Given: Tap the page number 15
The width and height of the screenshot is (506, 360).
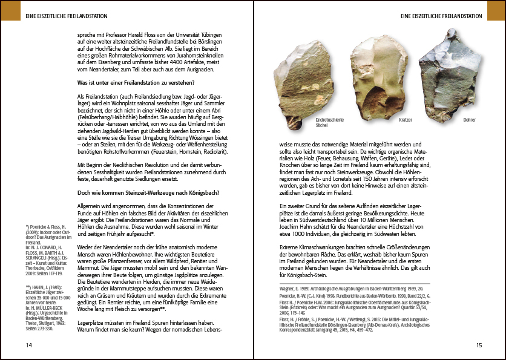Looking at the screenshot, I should (478, 345).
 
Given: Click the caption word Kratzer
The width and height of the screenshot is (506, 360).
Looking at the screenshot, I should (405, 120).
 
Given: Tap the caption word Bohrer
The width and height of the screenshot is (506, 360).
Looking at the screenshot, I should (469, 120).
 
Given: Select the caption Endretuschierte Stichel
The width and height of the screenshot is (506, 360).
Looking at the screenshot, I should (329, 123).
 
